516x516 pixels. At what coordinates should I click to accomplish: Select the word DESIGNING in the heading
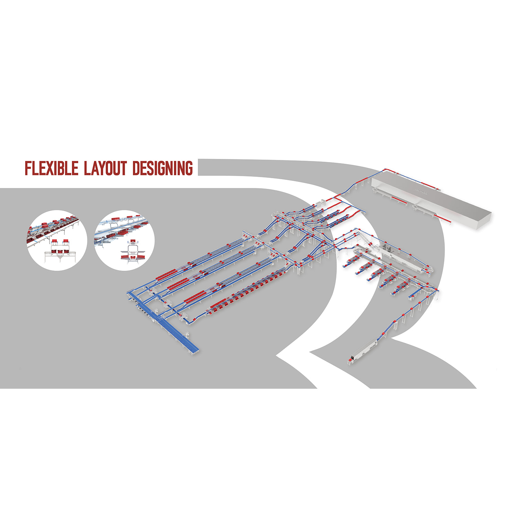pyautogui.click(x=162, y=168)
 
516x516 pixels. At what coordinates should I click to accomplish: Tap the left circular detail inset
pyautogui.click(x=57, y=240)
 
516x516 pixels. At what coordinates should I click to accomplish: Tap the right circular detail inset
pyautogui.click(x=124, y=240)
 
